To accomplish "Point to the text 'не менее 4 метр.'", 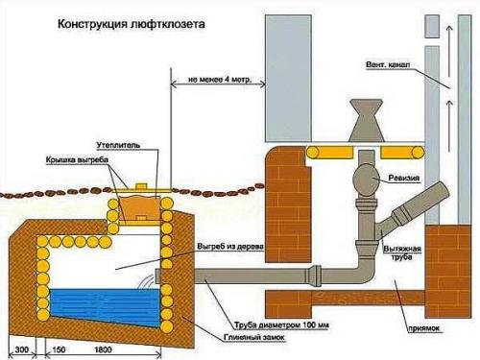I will tap(212, 81).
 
